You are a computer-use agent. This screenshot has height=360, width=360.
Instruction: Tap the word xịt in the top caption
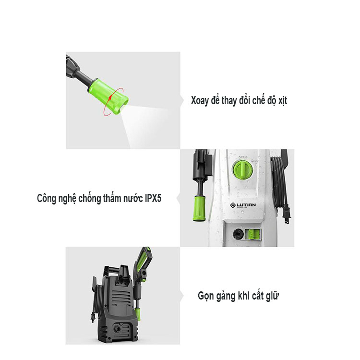click(283, 101)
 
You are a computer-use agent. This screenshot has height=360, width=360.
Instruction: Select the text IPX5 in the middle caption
click(153, 198)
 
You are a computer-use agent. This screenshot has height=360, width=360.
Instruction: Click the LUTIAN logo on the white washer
click(243, 205)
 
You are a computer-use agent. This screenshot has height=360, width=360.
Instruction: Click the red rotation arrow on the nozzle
click(113, 102)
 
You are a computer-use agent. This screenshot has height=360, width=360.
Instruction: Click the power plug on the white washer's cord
click(287, 214)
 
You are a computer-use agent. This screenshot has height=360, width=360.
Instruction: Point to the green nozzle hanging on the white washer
click(199, 208)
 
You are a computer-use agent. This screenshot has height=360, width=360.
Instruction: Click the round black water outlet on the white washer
click(238, 234)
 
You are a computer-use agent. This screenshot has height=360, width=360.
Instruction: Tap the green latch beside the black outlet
click(253, 235)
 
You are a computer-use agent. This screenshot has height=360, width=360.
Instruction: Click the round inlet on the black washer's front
click(118, 329)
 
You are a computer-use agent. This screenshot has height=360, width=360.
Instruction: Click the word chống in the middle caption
click(90, 198)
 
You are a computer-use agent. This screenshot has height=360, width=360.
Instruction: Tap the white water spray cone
click(149, 126)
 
